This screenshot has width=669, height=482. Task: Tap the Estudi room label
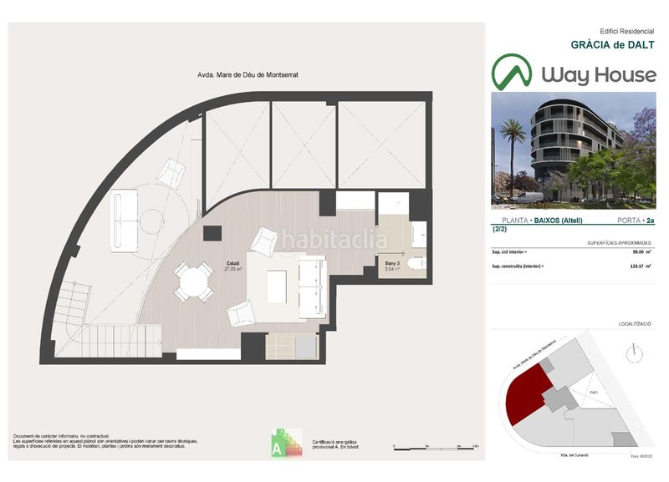click(233, 262)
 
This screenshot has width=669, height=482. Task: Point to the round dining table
click(193, 280)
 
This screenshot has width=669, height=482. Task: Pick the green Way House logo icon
click(512, 73)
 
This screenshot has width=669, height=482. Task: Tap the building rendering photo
click(574, 150)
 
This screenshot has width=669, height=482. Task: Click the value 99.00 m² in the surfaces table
click(641, 252)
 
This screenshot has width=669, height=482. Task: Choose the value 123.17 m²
click(641, 266)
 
